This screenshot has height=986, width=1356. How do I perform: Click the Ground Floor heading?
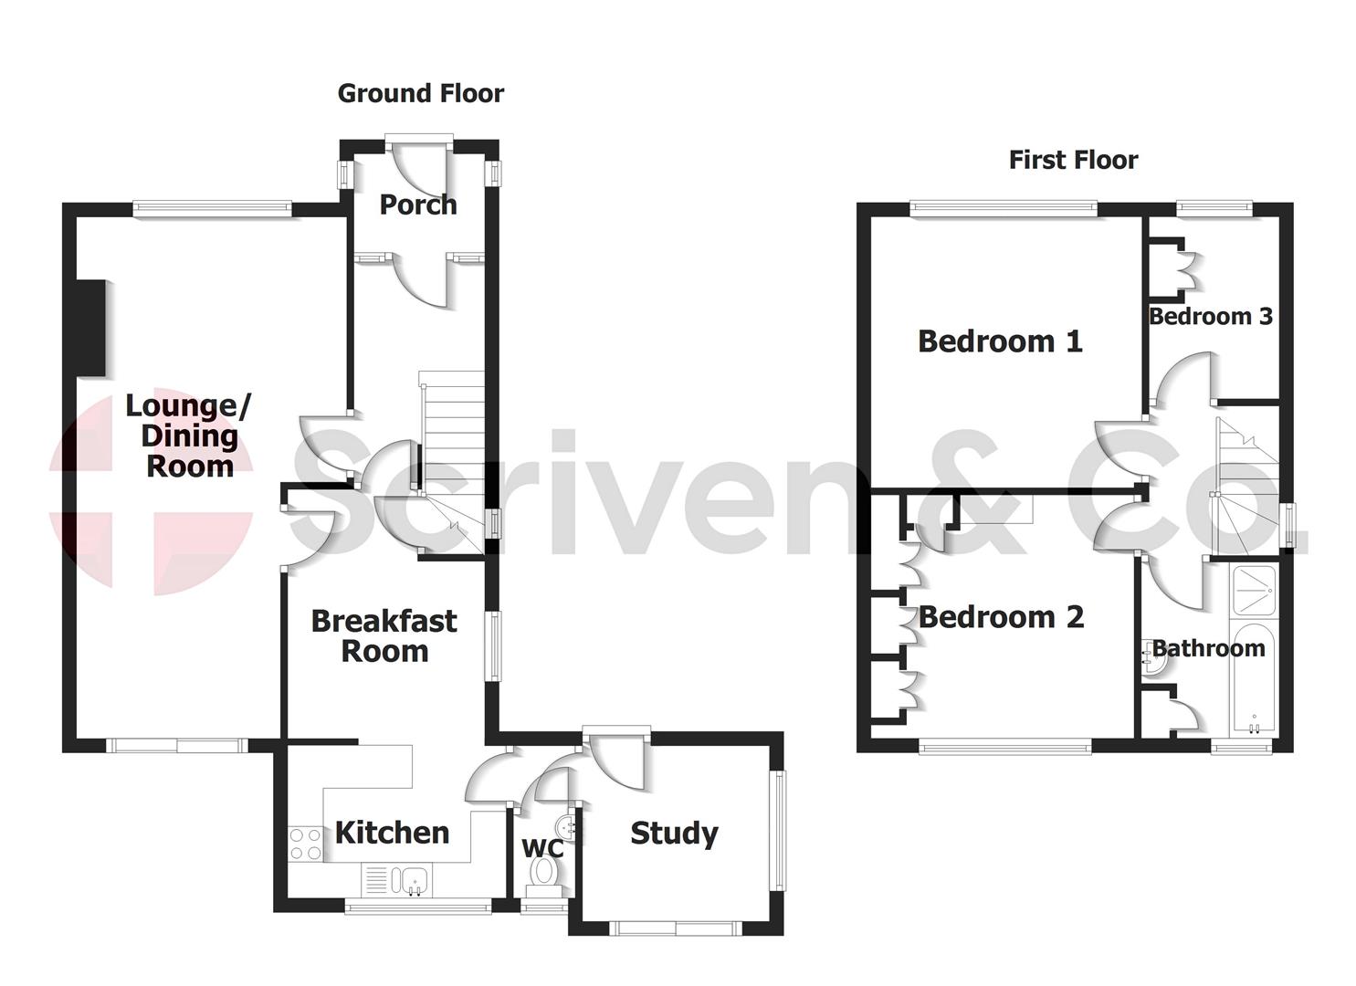420,93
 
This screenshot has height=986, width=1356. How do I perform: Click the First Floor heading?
1073,160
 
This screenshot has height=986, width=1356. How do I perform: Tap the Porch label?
418,205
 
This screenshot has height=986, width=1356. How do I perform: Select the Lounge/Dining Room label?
189,435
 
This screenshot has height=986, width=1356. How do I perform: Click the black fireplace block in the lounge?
90,328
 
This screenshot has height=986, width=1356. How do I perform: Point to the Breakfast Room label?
384,635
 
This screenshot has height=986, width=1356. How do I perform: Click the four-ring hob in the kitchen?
305,844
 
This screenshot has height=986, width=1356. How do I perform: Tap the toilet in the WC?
545,872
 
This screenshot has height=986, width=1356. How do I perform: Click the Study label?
674,833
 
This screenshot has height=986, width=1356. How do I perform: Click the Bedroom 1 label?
1000,341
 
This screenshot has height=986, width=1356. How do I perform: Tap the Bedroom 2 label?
1001,617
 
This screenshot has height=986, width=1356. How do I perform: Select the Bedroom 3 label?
1210,317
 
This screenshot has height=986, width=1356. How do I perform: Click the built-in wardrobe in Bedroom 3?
1169,269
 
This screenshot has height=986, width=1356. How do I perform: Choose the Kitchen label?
392,833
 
